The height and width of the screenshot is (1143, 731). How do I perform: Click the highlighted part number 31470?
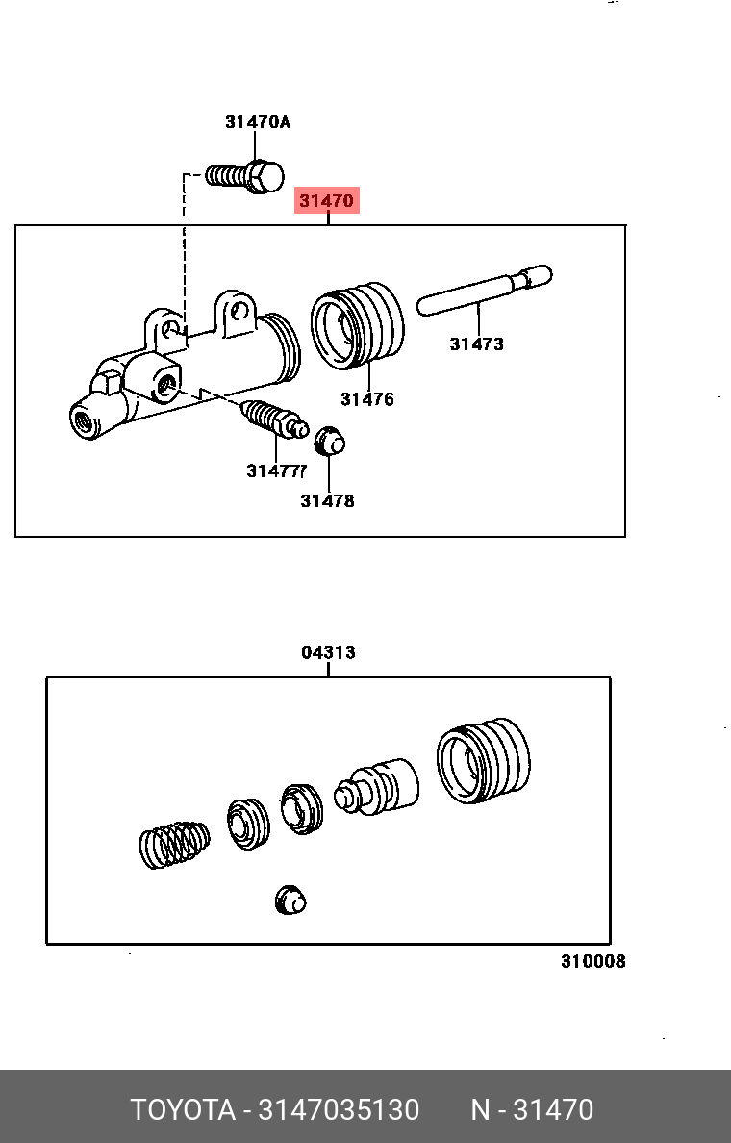click(327, 201)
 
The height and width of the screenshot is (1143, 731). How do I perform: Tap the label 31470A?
click(257, 122)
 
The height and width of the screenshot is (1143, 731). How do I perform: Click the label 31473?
click(476, 343)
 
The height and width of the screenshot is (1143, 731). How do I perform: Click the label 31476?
click(366, 399)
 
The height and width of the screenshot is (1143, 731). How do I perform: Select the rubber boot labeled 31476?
click(357, 324)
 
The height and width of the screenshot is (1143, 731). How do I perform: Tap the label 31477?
click(276, 470)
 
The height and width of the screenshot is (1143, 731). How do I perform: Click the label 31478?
click(327, 500)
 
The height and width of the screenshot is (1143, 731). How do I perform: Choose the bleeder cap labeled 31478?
click(330, 442)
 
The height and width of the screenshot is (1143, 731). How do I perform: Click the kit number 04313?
click(328, 652)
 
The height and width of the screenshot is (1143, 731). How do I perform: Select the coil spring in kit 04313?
click(174, 844)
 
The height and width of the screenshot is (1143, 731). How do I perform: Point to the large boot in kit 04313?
click(483, 760)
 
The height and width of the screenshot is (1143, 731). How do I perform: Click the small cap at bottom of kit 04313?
click(290, 901)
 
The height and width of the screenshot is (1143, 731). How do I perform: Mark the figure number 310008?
click(592, 961)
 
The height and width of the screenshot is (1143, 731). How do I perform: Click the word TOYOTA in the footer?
click(183, 1110)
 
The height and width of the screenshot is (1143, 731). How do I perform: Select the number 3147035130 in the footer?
click(336, 1110)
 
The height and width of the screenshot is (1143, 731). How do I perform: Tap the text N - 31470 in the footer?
click(532, 1110)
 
